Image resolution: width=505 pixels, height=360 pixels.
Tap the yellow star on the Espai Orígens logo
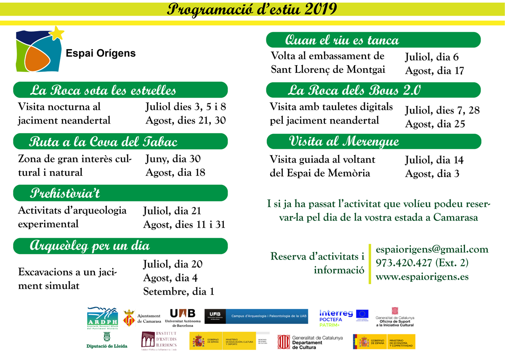[57, 32]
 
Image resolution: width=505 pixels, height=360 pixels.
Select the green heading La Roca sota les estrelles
[103, 90]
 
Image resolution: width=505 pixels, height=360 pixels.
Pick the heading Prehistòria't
[65, 193]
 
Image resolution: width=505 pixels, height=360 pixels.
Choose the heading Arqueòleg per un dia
[90, 246]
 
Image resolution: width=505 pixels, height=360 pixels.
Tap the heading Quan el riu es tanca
[342, 40]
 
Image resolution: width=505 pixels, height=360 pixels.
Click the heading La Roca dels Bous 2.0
[355, 90]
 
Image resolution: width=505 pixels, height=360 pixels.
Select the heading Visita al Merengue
[344, 141]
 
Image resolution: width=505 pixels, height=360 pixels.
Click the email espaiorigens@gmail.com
[432, 249]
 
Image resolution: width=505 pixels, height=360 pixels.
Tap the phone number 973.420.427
[404, 263]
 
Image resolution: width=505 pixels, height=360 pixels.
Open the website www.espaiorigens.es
[422, 277]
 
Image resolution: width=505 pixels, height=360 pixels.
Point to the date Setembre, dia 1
[178, 291]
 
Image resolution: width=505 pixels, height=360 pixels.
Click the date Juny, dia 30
[173, 159]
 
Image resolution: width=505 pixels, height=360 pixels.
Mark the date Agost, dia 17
[434, 71]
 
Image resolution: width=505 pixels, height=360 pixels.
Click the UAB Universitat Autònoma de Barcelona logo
[182, 318]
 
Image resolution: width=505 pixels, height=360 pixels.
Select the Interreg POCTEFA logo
[336, 318]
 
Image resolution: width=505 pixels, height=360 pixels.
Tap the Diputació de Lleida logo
[107, 341]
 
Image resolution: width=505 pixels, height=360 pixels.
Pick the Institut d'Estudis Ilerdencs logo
[159, 341]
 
